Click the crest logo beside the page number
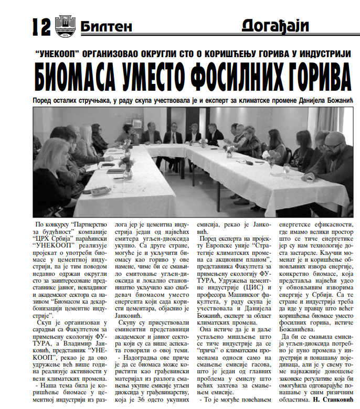[67, 25]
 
